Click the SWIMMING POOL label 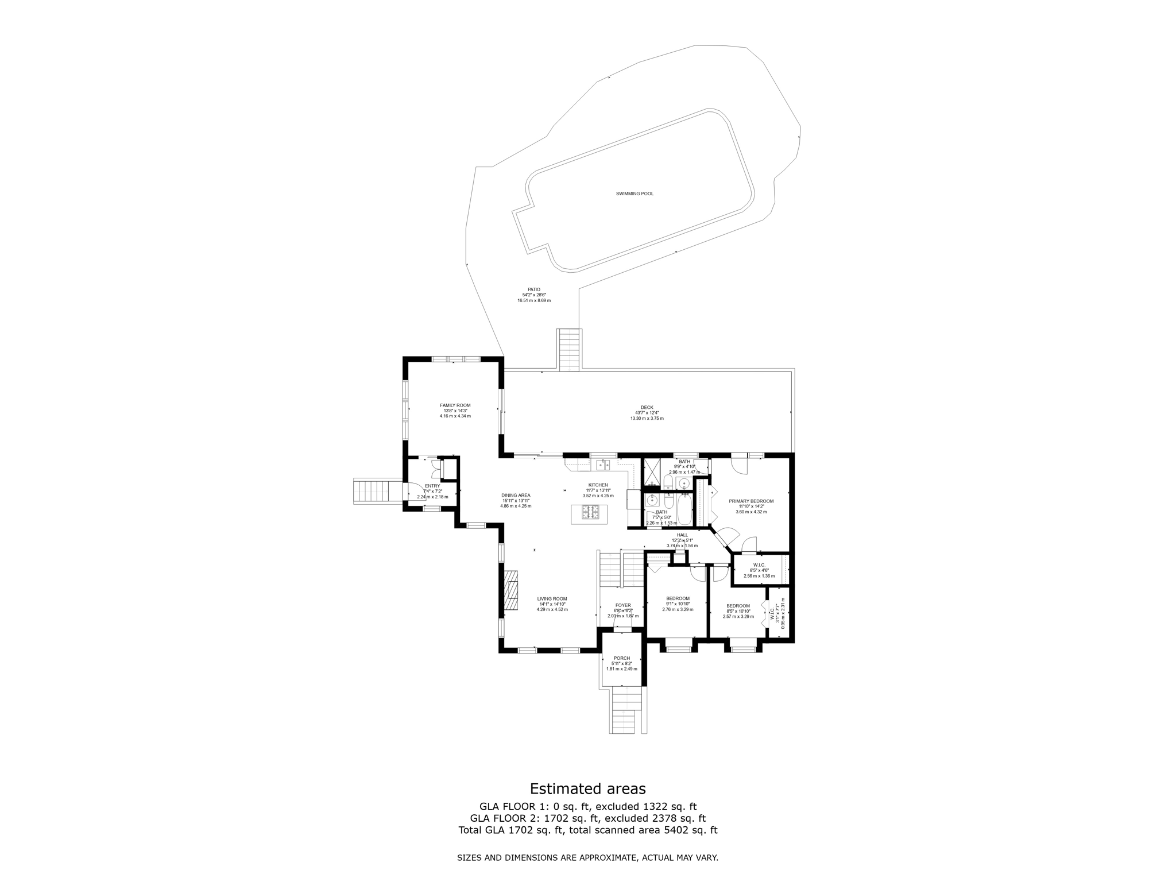pyautogui.click(x=635, y=194)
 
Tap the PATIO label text pyautogui.click(x=534, y=289)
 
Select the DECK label pyautogui.click(x=647, y=407)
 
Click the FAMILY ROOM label pyautogui.click(x=455, y=405)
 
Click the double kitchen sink pyautogui.click(x=602, y=464)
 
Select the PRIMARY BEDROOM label pyautogui.click(x=751, y=501)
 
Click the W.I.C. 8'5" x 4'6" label pyautogui.click(x=759, y=565)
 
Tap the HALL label pyautogui.click(x=682, y=535)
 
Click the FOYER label pyautogui.click(x=623, y=605)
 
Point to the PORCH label pyautogui.click(x=621, y=658)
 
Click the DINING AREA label pyautogui.click(x=516, y=495)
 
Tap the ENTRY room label pyautogui.click(x=432, y=486)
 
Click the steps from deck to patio pyautogui.click(x=569, y=350)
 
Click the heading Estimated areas pyautogui.click(x=587, y=788)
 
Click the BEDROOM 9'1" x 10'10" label pyautogui.click(x=678, y=598)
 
